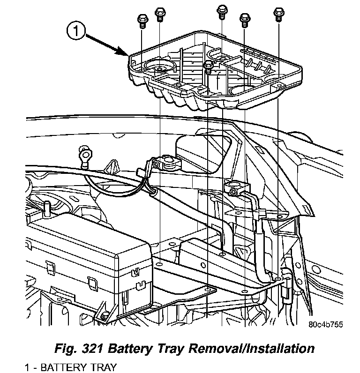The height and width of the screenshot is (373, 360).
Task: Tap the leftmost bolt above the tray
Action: tap(141, 20)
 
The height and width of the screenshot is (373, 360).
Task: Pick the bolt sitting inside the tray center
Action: tap(209, 66)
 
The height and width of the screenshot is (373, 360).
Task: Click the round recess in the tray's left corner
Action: tap(159, 68)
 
